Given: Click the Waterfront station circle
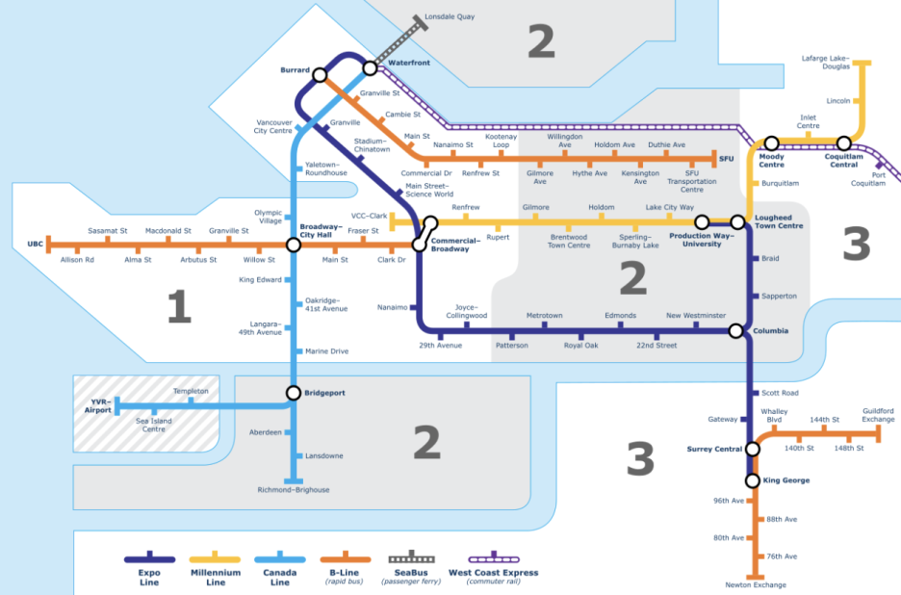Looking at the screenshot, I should [x=371, y=68].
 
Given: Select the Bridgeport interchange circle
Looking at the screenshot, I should [x=293, y=393].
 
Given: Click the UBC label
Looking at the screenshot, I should [x=36, y=245].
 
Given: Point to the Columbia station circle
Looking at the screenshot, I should [x=735, y=331].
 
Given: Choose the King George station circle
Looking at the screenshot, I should [x=753, y=480].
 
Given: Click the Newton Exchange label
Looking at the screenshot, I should [x=756, y=585].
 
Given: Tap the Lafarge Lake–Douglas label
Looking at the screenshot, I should [x=827, y=64].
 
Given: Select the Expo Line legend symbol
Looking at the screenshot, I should [x=148, y=558].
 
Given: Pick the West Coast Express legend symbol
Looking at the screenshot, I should [x=494, y=558].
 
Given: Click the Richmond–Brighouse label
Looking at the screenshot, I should [x=293, y=490].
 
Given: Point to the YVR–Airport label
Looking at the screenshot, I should [x=92, y=405].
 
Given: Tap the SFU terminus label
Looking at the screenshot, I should [x=726, y=156].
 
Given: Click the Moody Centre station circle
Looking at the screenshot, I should [x=771, y=144].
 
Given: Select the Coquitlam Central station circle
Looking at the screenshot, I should [x=844, y=144].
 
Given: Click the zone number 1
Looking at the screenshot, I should [x=179, y=308].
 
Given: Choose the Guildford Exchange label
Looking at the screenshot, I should [x=877, y=415].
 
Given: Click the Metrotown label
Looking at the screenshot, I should [x=544, y=316].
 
